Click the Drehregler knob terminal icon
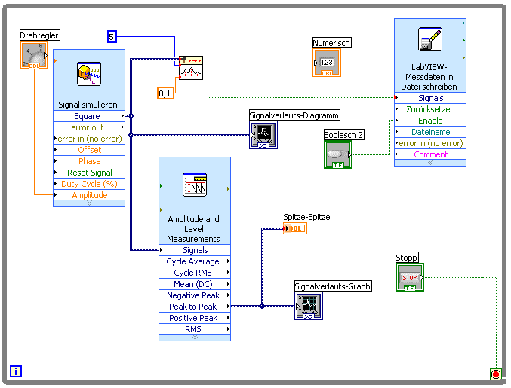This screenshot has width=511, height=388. coord(33,55)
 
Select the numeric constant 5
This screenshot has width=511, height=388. coord(112,36)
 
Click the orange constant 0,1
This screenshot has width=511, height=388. coord(165,93)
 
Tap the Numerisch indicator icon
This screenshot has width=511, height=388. coord(327,63)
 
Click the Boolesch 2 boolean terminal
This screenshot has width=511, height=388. coord(337,154)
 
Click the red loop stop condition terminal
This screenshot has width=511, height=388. coord(496,374)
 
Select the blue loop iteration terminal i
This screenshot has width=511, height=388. coord(16,371)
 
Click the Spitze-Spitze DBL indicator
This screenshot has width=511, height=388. coord(295,228)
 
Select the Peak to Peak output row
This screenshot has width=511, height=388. coord(193,307)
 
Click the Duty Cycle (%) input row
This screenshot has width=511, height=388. coord(89,184)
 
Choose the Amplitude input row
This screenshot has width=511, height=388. coord(89,195)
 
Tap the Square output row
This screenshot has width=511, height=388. coord(88,116)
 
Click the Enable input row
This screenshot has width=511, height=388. coord(430,121)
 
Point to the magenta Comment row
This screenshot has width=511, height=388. coord(430,154)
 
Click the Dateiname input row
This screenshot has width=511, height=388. coord(430,132)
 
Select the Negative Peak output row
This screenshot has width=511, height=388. coord(193,295)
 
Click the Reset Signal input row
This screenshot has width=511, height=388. coord(89,173)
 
